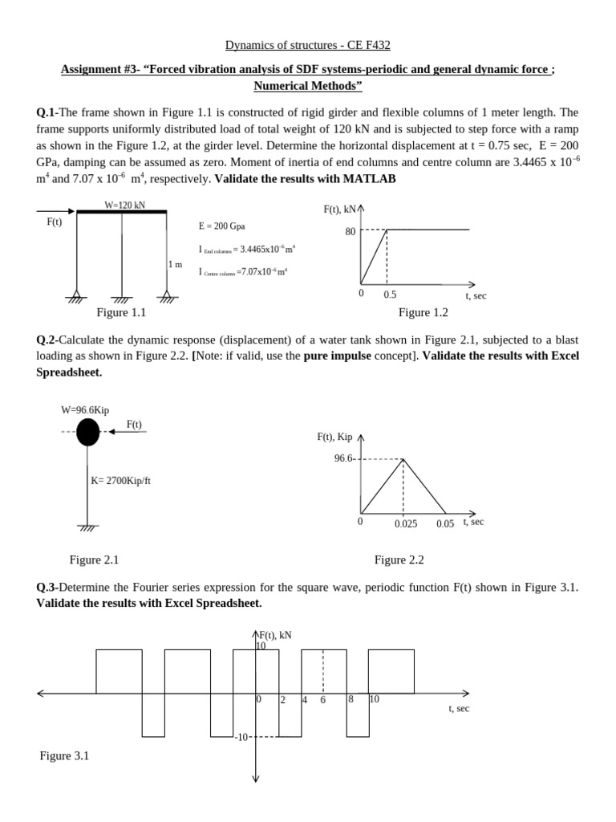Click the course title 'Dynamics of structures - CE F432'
coord(307,46)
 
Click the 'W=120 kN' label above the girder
coord(124,205)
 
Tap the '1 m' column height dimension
coord(175,264)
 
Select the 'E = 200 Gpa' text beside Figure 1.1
coord(221,226)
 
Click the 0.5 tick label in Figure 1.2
coord(390,295)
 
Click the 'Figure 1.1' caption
coord(121,312)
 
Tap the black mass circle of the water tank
coord(88,433)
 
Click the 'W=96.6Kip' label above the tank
coord(85,410)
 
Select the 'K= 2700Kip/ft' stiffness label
coord(120,481)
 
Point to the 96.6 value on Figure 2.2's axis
coord(343,458)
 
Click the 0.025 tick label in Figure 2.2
coord(406,524)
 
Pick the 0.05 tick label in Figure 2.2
coord(445,523)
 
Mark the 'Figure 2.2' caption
coord(399,560)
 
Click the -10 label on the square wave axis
coord(241,737)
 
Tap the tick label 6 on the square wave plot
coord(323,700)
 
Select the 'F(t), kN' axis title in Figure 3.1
coord(274,635)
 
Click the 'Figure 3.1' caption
coord(64,755)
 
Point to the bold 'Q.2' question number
coord(47,340)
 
